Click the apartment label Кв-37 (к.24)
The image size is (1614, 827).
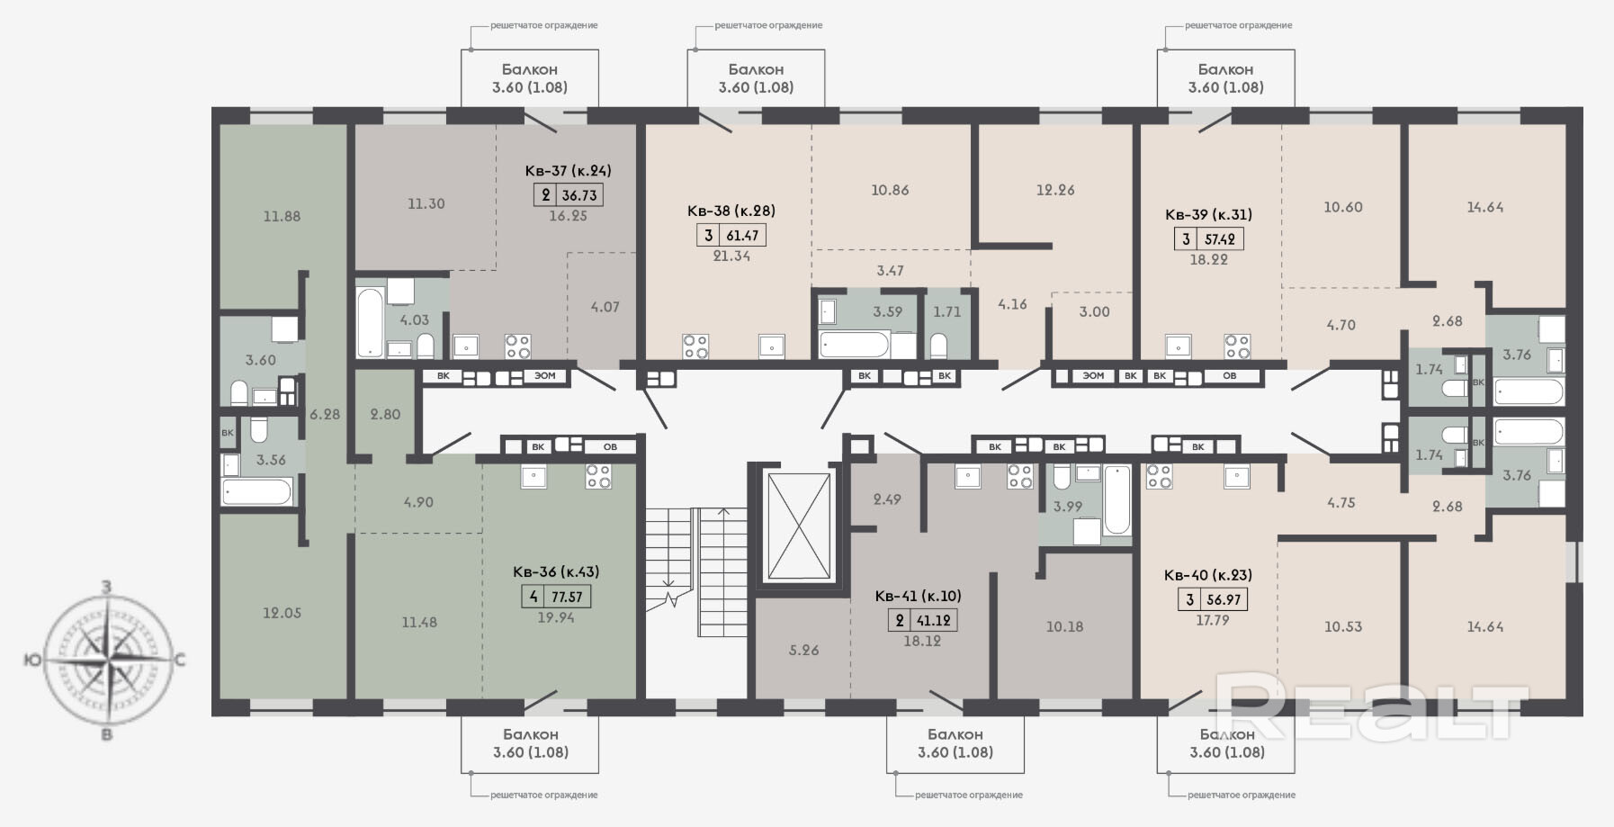[x=568, y=171]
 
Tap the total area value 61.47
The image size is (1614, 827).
[x=741, y=236]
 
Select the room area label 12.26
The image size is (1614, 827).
[x=1055, y=190]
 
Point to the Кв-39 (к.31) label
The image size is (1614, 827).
[x=1208, y=215]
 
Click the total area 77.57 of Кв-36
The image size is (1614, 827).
[x=566, y=597]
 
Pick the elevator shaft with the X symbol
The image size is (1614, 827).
[x=797, y=526]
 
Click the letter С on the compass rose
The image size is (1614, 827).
[x=179, y=661]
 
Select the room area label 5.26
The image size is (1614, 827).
[x=803, y=651]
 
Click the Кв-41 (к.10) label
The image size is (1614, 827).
[x=918, y=596]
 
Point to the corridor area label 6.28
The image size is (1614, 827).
[x=325, y=415]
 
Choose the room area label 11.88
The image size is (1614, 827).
[x=282, y=216]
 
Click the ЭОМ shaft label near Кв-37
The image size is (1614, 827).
[x=545, y=376]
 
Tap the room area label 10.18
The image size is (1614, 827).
[x=1064, y=627]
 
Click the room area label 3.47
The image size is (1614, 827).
[x=890, y=271]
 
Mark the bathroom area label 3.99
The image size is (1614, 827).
[x=1068, y=507]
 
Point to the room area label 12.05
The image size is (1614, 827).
[x=282, y=613]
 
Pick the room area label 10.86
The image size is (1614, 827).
[x=890, y=190]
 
